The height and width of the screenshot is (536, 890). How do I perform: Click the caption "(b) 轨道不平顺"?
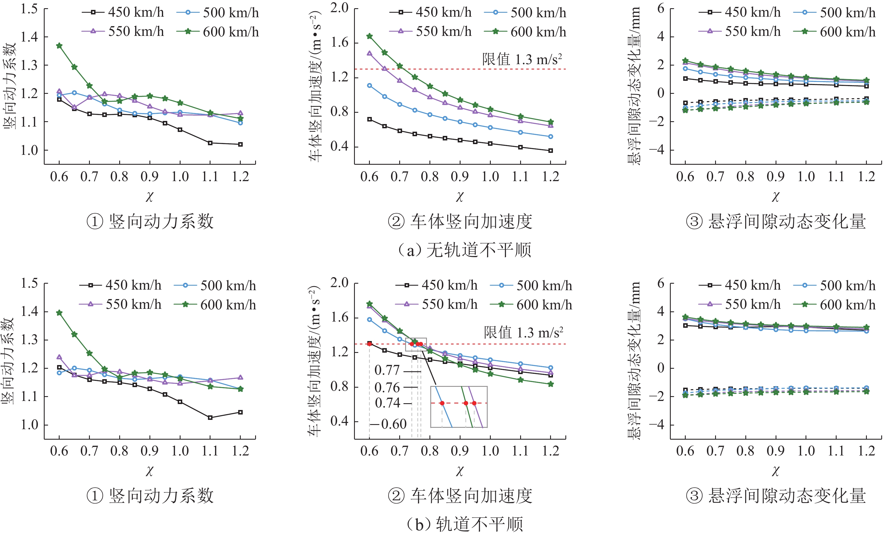464,524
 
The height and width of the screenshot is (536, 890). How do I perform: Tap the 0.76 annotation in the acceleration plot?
387,388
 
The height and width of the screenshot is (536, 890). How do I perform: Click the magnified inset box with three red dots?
459,407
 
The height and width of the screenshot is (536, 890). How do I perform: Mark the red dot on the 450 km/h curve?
369,344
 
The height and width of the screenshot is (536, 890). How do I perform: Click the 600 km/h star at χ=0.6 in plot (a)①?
59,46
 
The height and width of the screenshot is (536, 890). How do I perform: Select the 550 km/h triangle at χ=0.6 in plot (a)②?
369,53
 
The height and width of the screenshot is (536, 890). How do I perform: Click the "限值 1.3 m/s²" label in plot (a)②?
522,60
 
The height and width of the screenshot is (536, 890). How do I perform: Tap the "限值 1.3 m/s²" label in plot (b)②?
524,333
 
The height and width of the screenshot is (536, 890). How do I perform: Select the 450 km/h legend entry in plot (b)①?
120,285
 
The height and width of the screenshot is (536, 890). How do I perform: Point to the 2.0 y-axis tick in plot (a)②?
339,8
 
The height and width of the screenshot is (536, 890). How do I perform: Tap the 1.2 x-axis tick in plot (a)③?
867,177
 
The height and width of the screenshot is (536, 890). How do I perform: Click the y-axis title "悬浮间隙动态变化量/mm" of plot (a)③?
634,86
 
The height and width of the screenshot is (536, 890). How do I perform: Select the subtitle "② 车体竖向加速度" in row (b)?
460,496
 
